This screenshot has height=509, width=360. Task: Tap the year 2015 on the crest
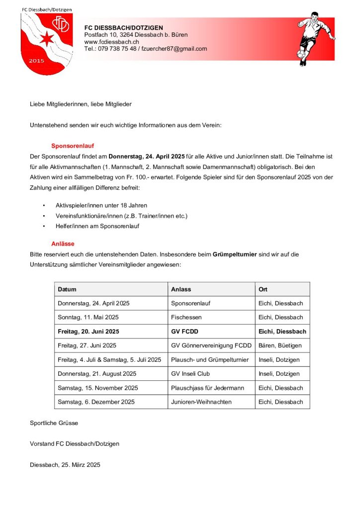[37, 61]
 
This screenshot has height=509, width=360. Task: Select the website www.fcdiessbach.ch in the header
[111, 42]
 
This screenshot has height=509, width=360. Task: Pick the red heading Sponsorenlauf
[73, 146]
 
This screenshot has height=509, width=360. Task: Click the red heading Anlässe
[64, 244]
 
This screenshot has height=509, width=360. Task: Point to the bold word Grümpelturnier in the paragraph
[235, 254]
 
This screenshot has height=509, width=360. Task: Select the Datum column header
[67, 289]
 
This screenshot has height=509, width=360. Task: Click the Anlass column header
[181, 289]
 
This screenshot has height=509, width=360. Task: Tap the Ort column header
[263, 289]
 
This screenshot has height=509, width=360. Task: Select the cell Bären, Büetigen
[280, 345]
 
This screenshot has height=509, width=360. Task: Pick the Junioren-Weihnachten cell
[201, 402]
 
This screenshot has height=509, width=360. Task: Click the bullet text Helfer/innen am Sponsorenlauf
[97, 226]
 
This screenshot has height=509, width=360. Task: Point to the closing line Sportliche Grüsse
[54, 423]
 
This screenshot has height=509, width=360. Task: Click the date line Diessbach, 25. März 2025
[65, 465]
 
